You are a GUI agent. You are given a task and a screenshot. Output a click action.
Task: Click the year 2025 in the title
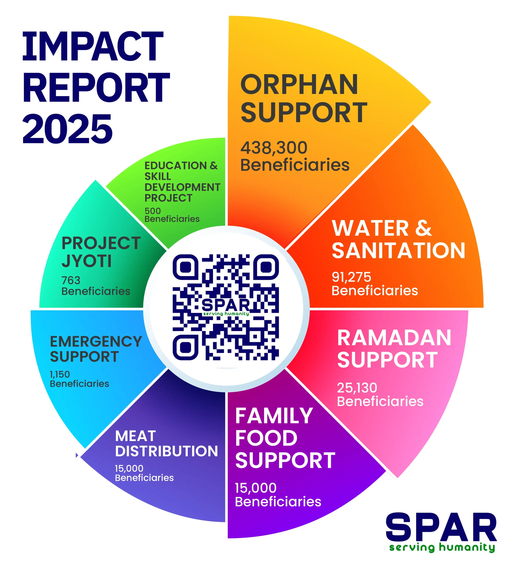(68, 129)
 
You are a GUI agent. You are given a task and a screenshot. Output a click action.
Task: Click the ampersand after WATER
(423, 228)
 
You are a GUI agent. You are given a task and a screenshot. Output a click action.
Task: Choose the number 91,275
(351, 277)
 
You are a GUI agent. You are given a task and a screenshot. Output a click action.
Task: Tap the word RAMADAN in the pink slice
(394, 338)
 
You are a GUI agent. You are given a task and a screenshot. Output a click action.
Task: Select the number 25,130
(357, 388)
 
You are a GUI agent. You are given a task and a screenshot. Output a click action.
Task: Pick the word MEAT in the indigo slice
(135, 436)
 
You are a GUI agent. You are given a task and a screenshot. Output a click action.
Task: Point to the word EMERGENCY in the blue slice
(96, 341)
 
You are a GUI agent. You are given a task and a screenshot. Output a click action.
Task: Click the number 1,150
(60, 374)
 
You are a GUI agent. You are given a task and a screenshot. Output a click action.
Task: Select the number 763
(71, 280)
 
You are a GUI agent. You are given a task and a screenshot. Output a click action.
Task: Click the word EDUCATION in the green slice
(175, 166)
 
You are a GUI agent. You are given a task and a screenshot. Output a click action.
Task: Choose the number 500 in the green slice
(153, 211)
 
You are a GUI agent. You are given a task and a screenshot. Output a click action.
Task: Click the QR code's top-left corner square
(185, 267)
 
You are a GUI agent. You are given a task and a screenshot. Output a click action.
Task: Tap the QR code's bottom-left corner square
(185, 347)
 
